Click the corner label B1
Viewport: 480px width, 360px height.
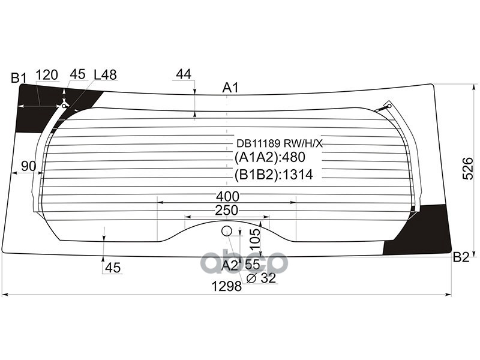tap(19, 78)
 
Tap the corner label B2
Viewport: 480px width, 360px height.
tap(461, 257)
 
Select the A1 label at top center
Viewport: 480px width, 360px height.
tap(230, 88)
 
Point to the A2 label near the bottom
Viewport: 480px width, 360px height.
tap(230, 266)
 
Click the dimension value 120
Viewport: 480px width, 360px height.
tap(47, 75)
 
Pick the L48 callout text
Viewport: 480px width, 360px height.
tap(106, 74)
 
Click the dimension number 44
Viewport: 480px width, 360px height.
tap(184, 74)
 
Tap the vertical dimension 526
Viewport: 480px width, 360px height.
tap(468, 169)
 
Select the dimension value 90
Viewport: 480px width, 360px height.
tap(28, 166)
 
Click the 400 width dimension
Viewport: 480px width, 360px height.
tap(228, 196)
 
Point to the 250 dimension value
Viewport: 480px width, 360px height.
tap(227, 211)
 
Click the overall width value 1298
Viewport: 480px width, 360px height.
tap(227, 287)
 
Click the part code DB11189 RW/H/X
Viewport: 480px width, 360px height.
tap(280, 143)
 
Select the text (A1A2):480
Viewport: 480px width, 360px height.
tap(270, 157)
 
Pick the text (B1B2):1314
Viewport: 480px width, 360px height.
tap(274, 175)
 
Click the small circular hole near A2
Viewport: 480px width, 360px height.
tap(227, 231)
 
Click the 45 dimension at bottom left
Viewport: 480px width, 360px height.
tap(113, 268)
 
